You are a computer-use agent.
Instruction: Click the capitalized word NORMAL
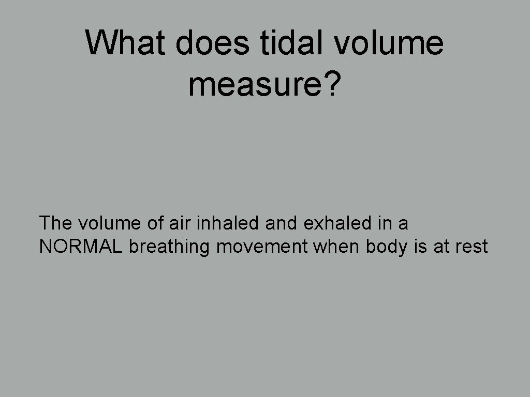(x=81, y=247)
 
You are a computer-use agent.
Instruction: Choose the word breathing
(x=170, y=247)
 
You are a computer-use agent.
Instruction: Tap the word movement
(x=262, y=247)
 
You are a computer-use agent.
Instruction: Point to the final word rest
(x=472, y=247)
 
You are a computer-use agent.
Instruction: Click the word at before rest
(x=441, y=247)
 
